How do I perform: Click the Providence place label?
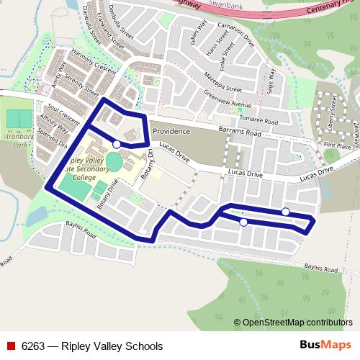coord(171,131)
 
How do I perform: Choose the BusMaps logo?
coord(325,346)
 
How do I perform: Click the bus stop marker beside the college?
coord(117,144)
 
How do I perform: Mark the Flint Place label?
coord(338,146)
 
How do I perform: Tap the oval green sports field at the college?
coord(114,158)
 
